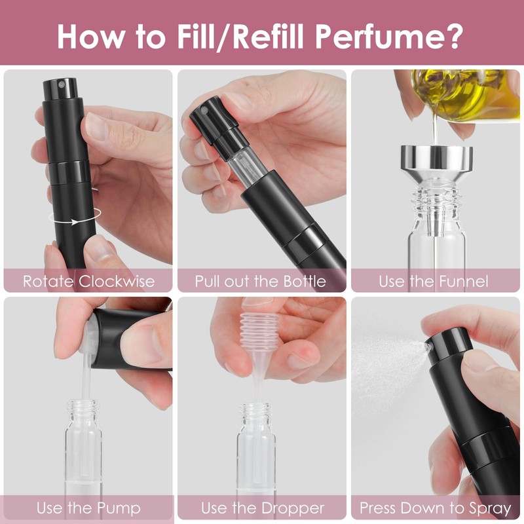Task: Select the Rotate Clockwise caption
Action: pos(89,282)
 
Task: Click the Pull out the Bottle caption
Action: pos(261,282)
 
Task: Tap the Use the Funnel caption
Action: pos(434,282)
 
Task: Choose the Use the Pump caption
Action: pos(88,508)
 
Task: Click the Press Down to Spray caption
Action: pos(436,508)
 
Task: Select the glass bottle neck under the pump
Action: pos(82,413)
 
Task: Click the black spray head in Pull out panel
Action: pos(210,118)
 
